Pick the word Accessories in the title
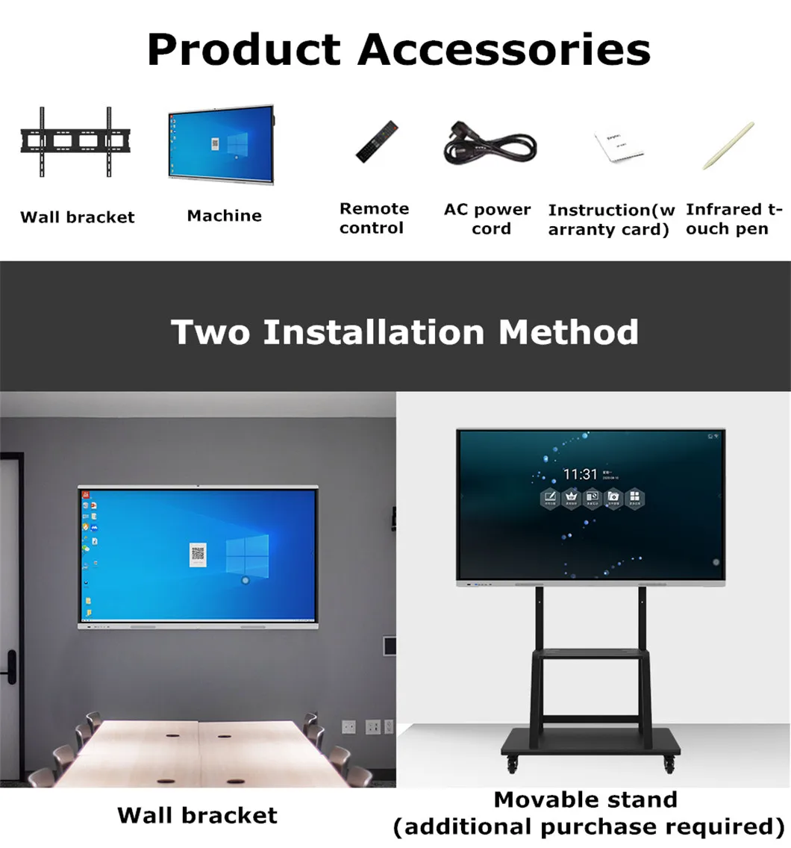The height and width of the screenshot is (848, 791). tap(504, 49)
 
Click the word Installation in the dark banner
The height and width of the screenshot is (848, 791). tap(374, 331)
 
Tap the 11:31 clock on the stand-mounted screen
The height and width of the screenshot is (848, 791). tap(580, 474)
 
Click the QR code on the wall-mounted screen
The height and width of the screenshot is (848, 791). tap(198, 553)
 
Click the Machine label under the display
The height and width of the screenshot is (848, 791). tap(224, 216)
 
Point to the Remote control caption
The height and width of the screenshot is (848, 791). tap(374, 218)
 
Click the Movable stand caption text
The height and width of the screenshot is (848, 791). tap(586, 799)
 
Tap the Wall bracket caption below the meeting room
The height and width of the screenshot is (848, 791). tap(197, 815)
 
